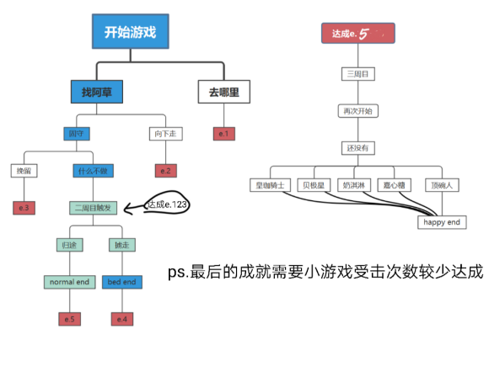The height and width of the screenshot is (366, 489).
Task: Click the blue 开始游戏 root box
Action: [x=130, y=33]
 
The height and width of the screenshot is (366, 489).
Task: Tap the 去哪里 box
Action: [x=223, y=92]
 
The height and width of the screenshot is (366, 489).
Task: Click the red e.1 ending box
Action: [x=223, y=134]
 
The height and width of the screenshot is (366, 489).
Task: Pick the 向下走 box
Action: [x=164, y=134]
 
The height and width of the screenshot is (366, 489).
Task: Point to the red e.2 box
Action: [x=164, y=171]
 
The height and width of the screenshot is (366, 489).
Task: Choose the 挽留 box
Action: [x=24, y=171]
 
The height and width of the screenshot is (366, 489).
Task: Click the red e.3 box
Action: [x=24, y=207]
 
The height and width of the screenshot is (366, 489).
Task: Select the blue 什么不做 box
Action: [x=94, y=171]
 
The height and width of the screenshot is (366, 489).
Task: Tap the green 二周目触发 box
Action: [x=94, y=207]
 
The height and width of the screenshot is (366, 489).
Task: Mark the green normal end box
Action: [x=68, y=282]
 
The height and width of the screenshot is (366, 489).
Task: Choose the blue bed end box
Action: [x=122, y=282]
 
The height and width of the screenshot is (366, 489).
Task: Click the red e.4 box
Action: [x=122, y=318]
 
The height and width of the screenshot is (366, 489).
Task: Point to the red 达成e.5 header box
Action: [x=357, y=34]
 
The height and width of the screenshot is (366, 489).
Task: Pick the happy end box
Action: [x=442, y=222]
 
